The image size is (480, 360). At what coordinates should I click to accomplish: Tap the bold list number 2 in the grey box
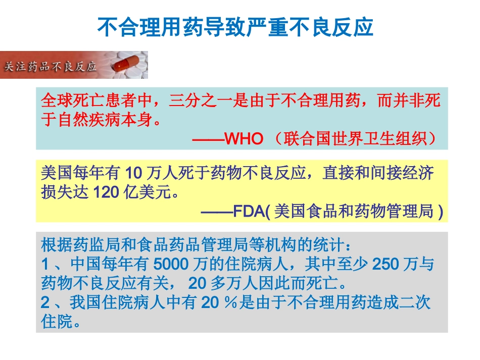45,302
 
